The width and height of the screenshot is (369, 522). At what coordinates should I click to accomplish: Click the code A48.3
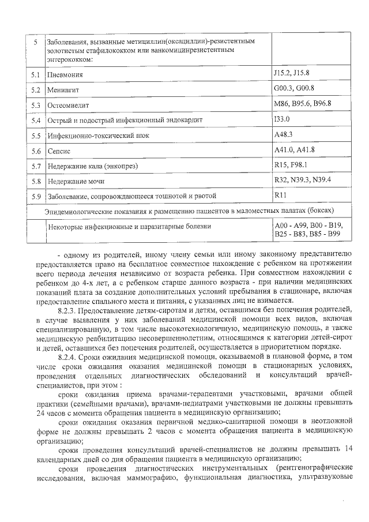[285, 134]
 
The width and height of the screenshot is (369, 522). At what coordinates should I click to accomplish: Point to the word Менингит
[63, 91]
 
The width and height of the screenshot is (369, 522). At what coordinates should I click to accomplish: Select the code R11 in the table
[281, 194]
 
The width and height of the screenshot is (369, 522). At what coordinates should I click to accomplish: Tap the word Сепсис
[58, 151]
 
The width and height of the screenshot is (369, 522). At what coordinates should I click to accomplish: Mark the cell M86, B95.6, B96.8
[303, 103]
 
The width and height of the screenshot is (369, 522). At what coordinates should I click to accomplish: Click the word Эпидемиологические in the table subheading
[79, 211]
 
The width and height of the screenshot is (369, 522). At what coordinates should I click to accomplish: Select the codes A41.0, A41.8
[294, 149]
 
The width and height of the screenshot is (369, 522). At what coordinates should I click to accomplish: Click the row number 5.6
[35, 151]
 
